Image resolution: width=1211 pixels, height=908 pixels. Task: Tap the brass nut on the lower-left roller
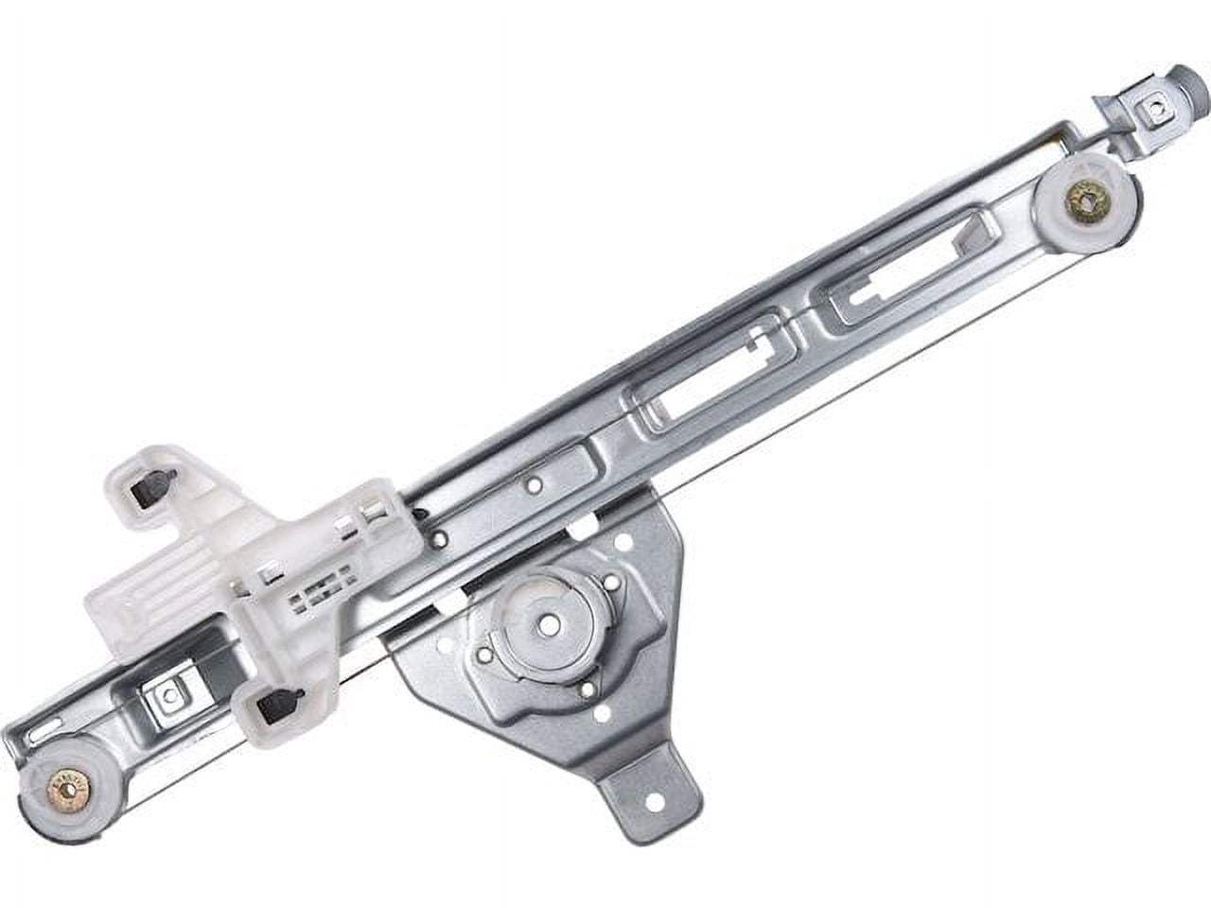[x=67, y=784]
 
